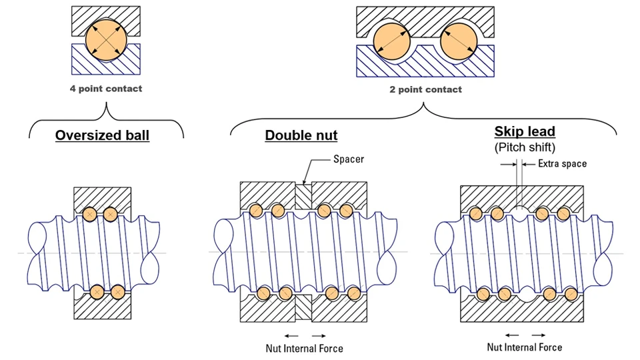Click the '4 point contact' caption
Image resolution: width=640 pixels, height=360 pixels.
[x=106, y=89]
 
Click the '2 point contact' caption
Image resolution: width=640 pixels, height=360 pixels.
[x=425, y=89]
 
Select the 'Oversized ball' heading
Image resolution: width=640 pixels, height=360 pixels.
[x=102, y=135]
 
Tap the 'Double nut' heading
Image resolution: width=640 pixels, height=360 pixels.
[x=301, y=135]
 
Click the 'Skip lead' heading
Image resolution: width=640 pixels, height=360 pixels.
[x=525, y=132]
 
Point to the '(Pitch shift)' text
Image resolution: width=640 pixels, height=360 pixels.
[x=525, y=147]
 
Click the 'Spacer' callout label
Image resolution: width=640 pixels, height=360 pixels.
[x=347, y=161]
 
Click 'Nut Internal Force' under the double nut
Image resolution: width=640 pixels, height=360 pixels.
[x=304, y=348]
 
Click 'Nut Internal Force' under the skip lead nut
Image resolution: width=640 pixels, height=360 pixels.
[x=525, y=347]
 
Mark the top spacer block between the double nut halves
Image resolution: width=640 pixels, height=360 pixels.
[x=303, y=195]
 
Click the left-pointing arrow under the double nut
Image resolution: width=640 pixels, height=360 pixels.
[x=289, y=335]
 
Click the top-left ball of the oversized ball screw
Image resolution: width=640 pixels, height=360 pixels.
[x=89, y=214]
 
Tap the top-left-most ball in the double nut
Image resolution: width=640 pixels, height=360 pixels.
[x=256, y=211]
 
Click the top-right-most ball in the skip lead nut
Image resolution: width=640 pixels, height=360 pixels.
[x=563, y=213]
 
